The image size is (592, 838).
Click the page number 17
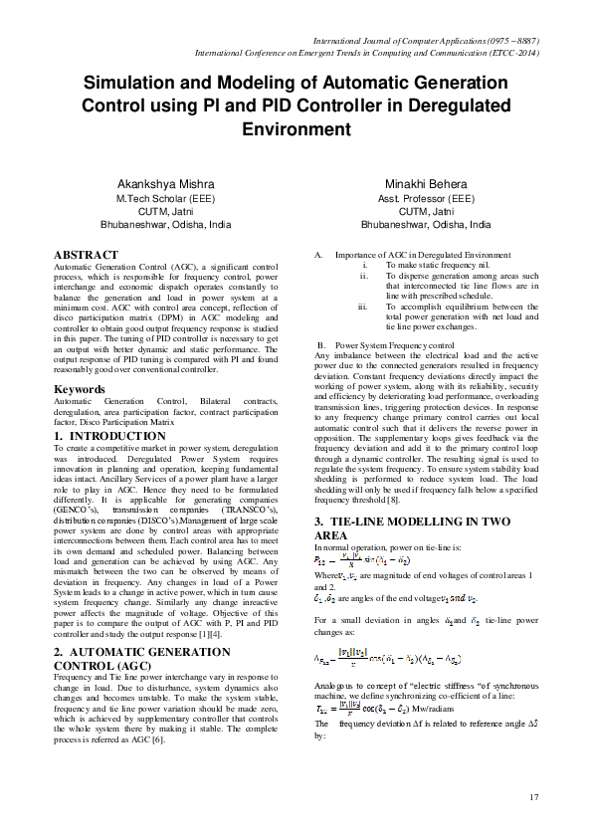[x=533, y=797]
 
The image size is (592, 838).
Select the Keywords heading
[x=81, y=389]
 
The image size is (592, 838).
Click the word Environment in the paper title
[x=296, y=129]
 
